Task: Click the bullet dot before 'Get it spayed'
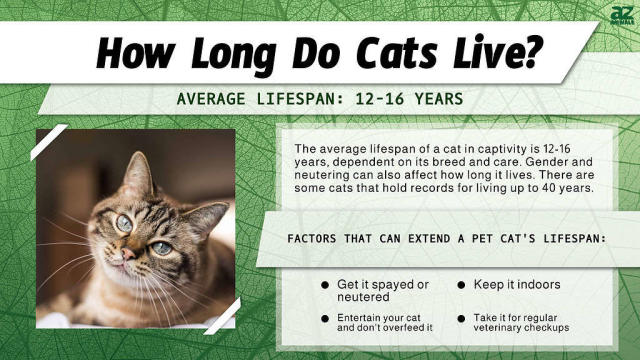(325, 285)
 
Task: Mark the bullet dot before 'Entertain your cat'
(325, 318)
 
